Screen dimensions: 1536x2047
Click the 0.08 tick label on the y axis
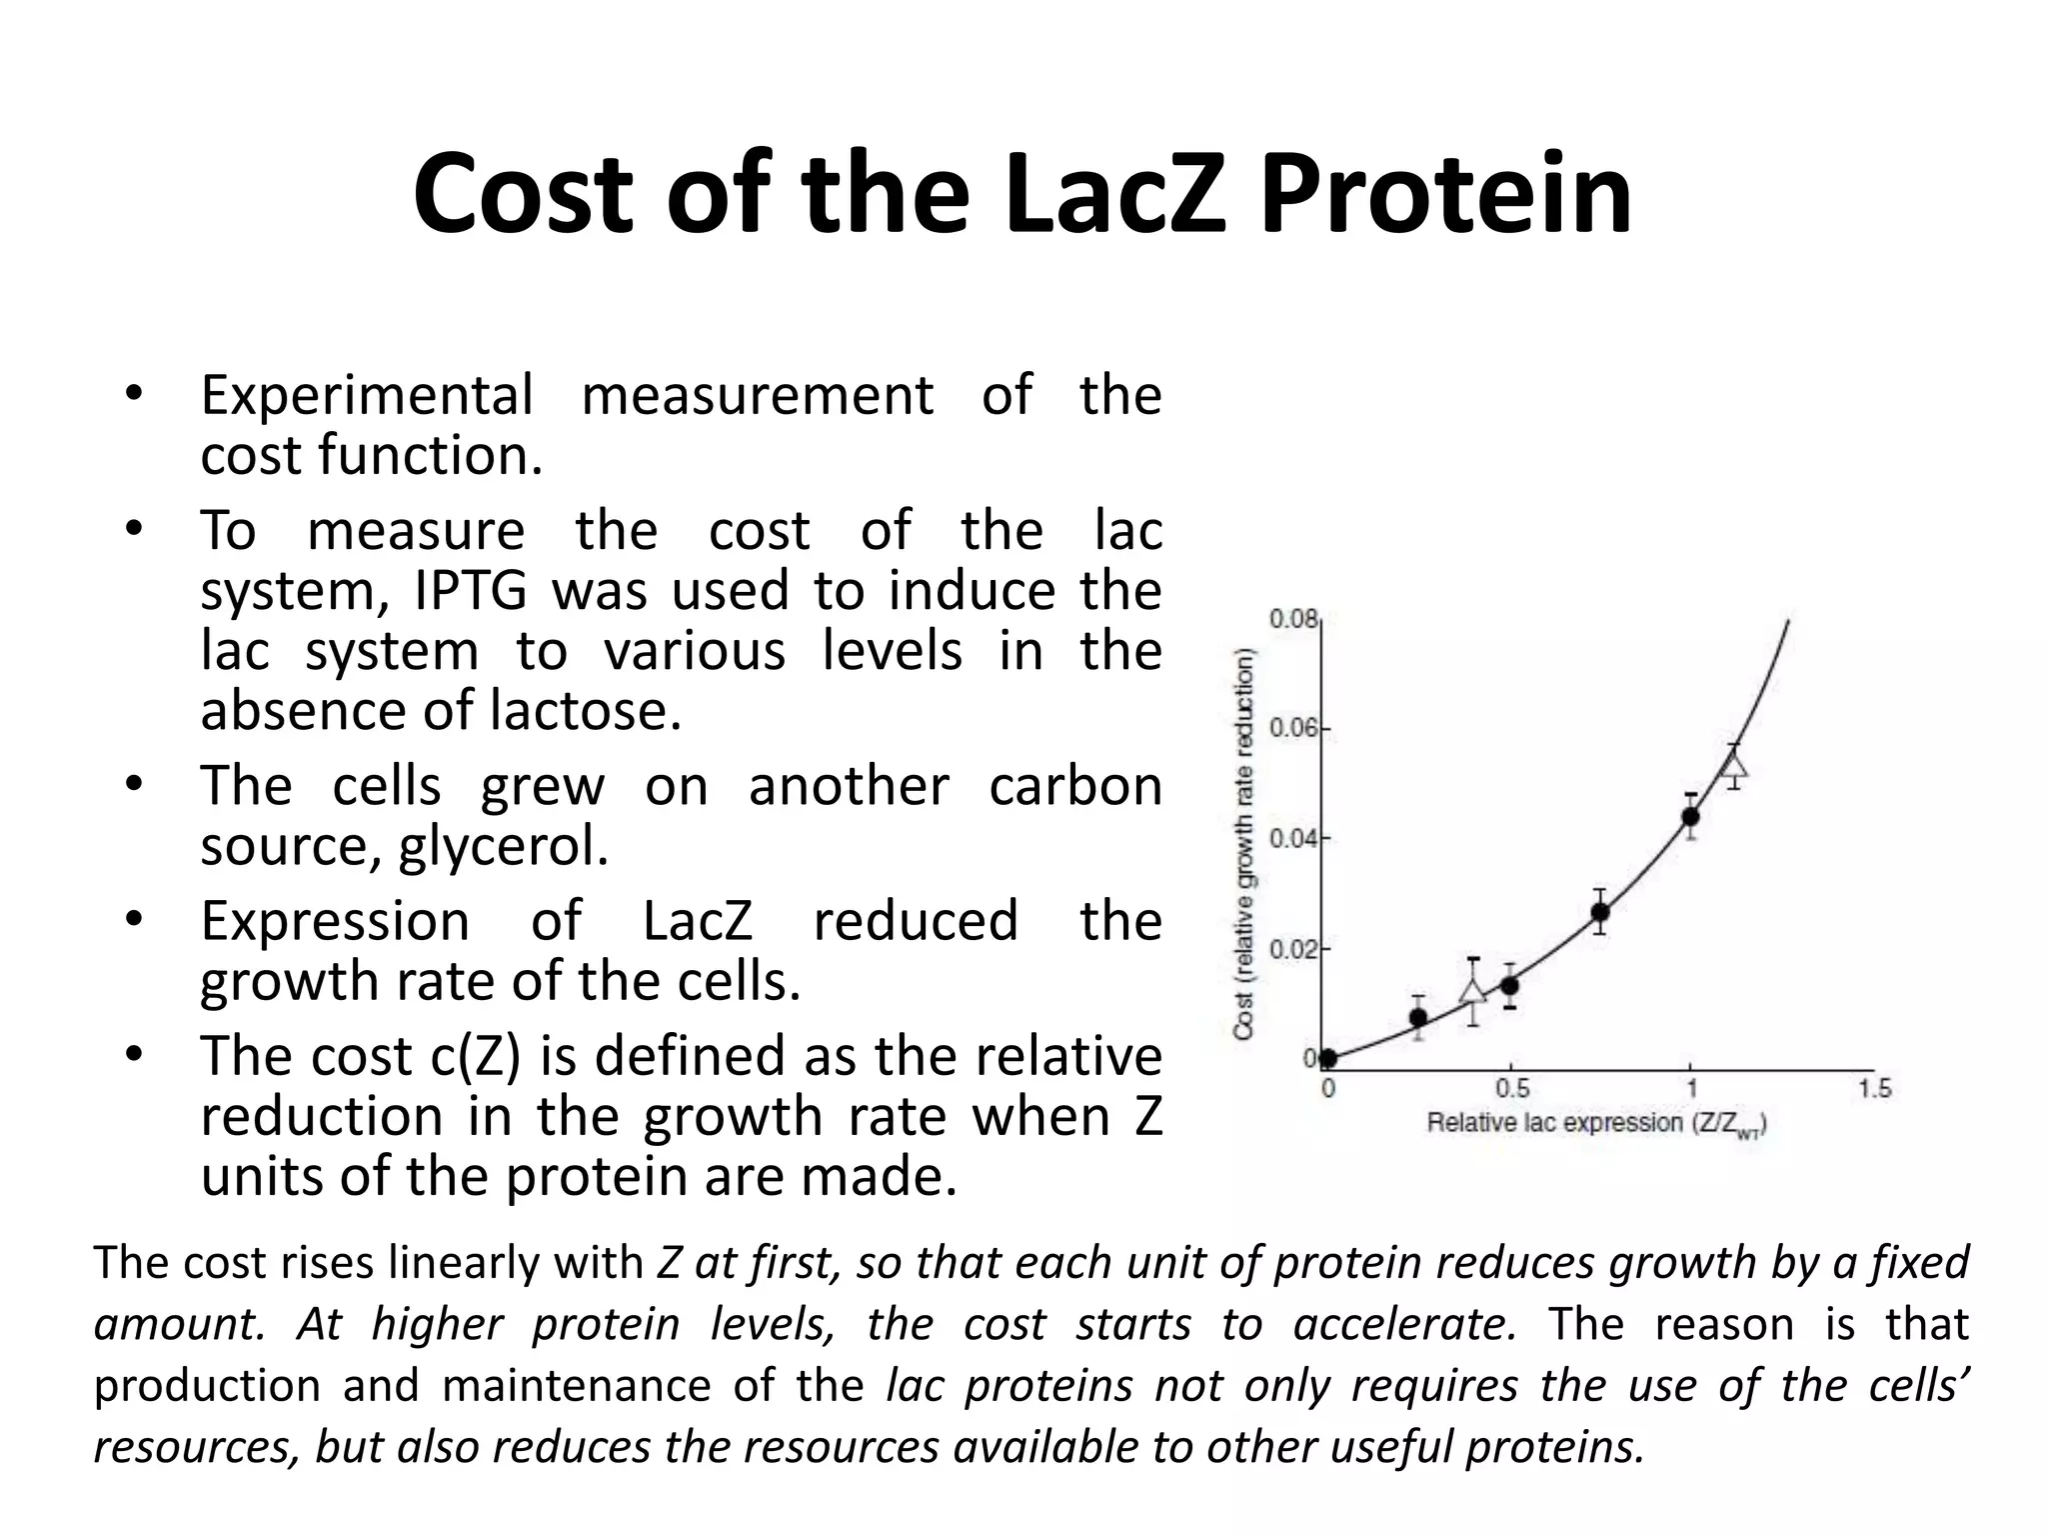click(x=1293, y=619)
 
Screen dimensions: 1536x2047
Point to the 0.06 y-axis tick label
click(x=1293, y=728)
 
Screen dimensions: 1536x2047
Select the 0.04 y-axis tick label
click(x=1293, y=838)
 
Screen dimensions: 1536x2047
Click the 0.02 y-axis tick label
click(x=1293, y=948)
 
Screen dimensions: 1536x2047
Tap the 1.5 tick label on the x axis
click(x=1874, y=1088)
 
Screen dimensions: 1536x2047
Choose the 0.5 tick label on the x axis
click(x=1511, y=1088)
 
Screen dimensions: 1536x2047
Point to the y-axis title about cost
click(x=1244, y=845)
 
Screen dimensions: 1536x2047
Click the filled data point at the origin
click(x=1328, y=1059)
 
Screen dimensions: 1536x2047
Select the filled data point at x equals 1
click(x=1690, y=816)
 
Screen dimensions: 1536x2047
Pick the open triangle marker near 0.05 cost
click(x=1735, y=767)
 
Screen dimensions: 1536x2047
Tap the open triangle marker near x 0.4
click(x=1472, y=991)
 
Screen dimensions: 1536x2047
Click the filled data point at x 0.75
click(x=1600, y=912)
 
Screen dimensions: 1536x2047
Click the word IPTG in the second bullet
click(x=469, y=591)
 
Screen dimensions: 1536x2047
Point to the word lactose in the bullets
click(x=586, y=711)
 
